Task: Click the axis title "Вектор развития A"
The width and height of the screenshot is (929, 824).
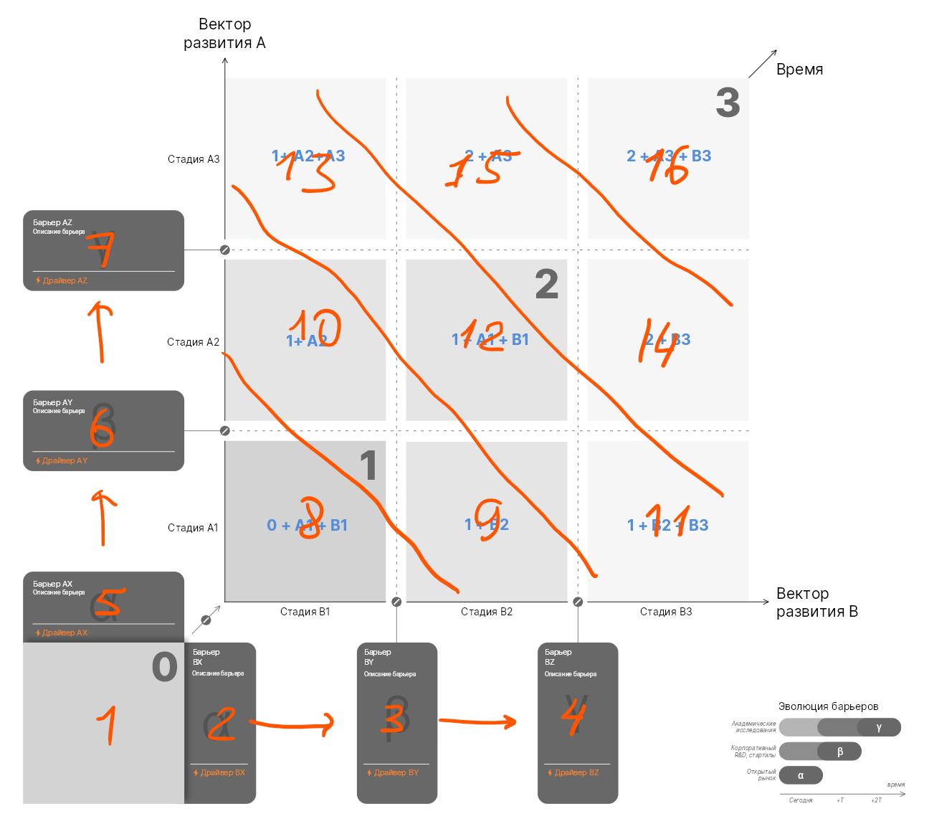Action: coord(224,34)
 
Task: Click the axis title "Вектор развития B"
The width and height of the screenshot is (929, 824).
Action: coord(816,602)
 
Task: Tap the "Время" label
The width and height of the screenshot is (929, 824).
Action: coord(799,70)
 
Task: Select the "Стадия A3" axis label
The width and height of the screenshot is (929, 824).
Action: coord(194,159)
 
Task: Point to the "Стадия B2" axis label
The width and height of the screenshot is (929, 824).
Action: coord(486,612)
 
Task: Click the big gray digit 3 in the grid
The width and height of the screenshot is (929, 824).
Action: coord(728,103)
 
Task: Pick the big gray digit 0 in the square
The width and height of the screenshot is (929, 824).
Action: coord(164,667)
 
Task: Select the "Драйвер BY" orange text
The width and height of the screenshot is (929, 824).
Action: coord(396,772)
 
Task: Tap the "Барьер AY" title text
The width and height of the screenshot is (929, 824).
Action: coord(52,402)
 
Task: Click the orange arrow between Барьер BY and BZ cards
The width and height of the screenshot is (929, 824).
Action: coord(477,721)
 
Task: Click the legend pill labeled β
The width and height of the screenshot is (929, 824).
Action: coord(839,752)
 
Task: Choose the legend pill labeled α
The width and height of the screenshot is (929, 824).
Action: coord(801,775)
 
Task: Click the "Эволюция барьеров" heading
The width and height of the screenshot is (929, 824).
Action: coord(828,706)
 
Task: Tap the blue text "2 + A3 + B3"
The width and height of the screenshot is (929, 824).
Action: coord(669,156)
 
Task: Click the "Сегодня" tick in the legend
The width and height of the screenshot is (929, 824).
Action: coord(801,800)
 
